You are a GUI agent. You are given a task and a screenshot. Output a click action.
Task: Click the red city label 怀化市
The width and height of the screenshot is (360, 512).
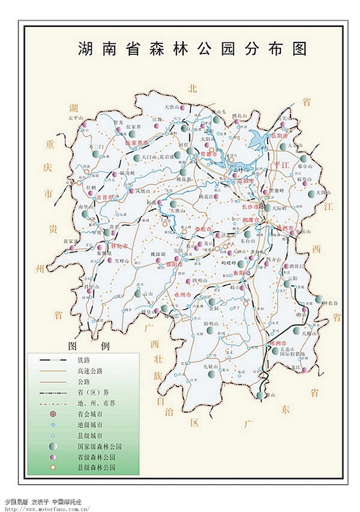[120, 246]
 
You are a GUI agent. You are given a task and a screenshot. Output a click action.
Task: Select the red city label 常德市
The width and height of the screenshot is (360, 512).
[209, 154]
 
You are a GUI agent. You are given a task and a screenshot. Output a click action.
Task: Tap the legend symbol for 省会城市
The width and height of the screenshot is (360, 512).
[53, 413]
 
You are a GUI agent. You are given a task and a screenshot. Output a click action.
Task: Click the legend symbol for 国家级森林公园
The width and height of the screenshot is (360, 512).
[53, 445]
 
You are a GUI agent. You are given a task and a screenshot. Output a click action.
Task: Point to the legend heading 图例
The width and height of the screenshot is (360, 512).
[88, 345]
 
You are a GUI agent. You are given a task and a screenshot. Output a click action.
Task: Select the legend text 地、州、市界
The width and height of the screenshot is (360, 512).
[95, 402]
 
